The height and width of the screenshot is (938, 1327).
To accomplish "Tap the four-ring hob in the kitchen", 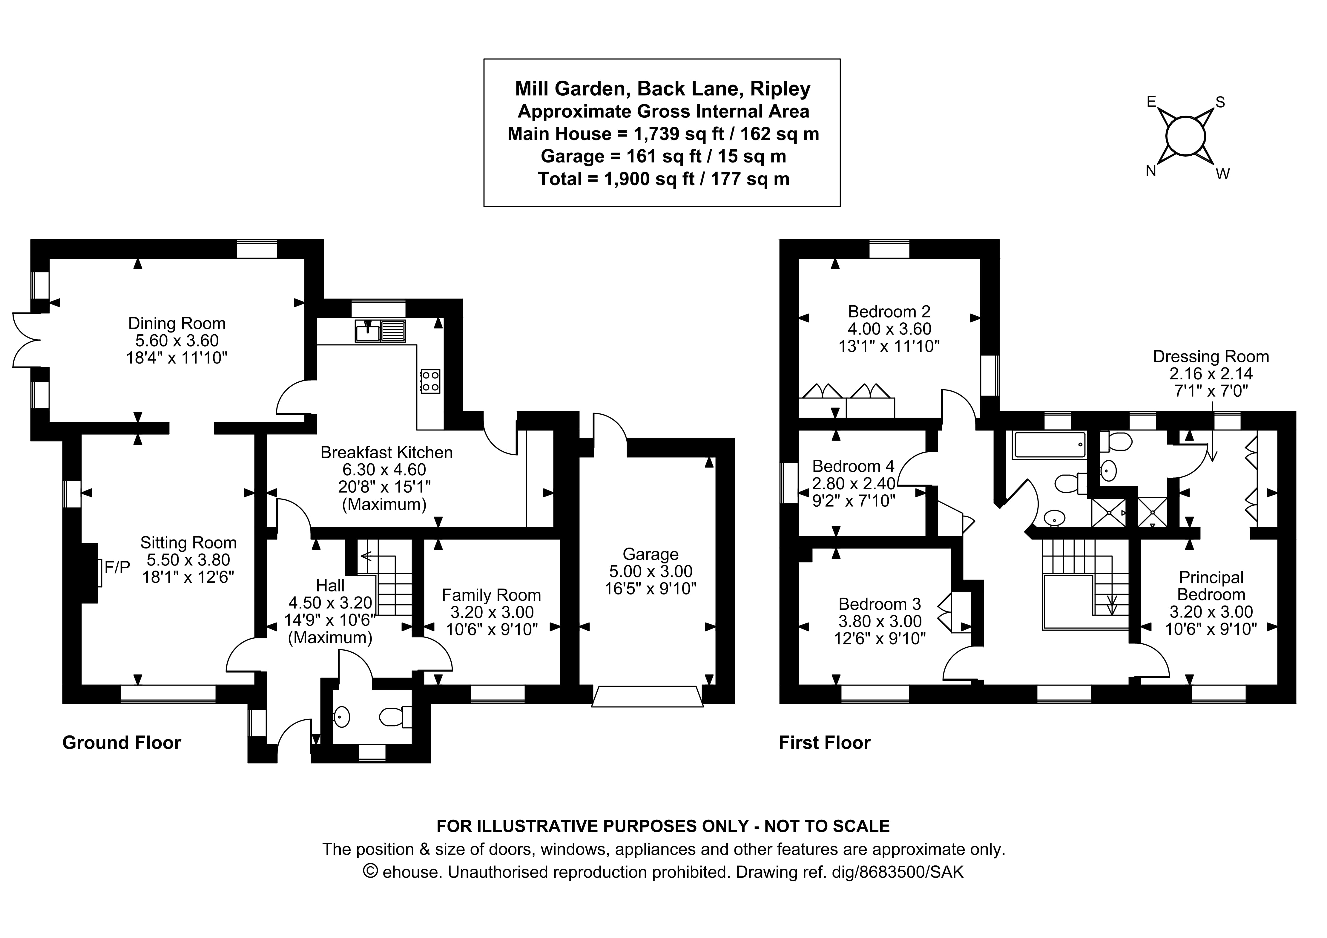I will coord(430,381).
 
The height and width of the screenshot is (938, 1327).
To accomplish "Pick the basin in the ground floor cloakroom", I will coord(342,717).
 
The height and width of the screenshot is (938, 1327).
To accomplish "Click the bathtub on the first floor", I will coord(1049,445).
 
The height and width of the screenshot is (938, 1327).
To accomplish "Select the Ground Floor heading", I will coord(121,743).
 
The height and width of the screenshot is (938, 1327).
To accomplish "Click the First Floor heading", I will coord(824,743).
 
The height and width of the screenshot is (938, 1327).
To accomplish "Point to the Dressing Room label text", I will coord(1211,357).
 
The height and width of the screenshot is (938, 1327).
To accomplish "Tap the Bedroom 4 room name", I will coord(853,466).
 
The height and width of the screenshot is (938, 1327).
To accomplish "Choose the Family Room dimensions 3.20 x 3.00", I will coord(492,612).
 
